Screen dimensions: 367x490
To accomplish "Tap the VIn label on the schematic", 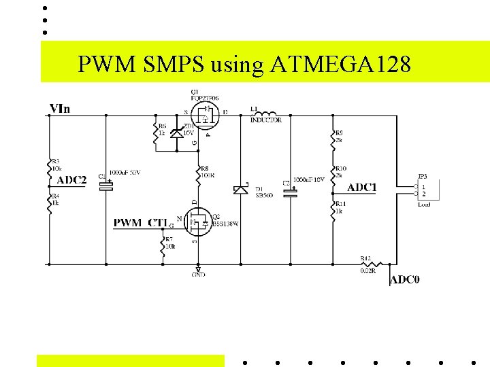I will (59, 108).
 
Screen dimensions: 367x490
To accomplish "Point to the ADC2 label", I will (71, 180).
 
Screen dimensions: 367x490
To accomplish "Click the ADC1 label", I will (362, 187).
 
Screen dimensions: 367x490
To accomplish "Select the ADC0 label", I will (404, 279).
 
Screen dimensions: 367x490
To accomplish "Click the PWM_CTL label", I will (140, 222).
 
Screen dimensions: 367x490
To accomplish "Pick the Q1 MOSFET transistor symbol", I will (203, 115).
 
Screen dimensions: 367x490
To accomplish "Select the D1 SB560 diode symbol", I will (239, 190).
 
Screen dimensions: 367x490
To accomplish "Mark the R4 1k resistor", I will (49, 204).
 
